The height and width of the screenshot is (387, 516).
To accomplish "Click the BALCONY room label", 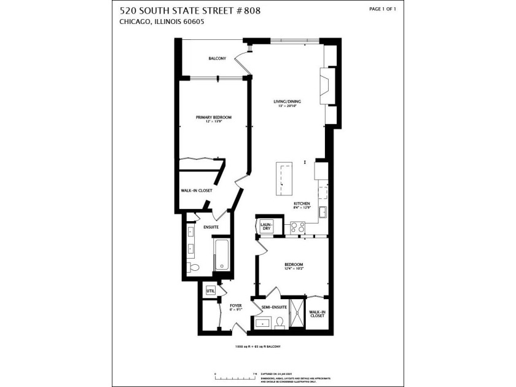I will (217, 58).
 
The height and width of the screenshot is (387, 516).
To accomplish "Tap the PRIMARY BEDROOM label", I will (214, 117).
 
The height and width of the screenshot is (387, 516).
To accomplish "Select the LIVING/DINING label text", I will (287, 101).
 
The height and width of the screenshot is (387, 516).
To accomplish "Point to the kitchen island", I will (284, 178).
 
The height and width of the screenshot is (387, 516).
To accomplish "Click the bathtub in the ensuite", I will (221, 255).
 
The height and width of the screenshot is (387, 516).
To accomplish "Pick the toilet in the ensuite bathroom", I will (193, 267).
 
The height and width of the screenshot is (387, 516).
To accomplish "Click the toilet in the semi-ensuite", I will (279, 322).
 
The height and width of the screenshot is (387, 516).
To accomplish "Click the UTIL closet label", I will (211, 291).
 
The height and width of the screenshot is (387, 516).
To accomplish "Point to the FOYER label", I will (236, 305).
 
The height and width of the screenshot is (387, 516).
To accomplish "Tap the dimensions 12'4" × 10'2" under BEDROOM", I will (294, 268).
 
